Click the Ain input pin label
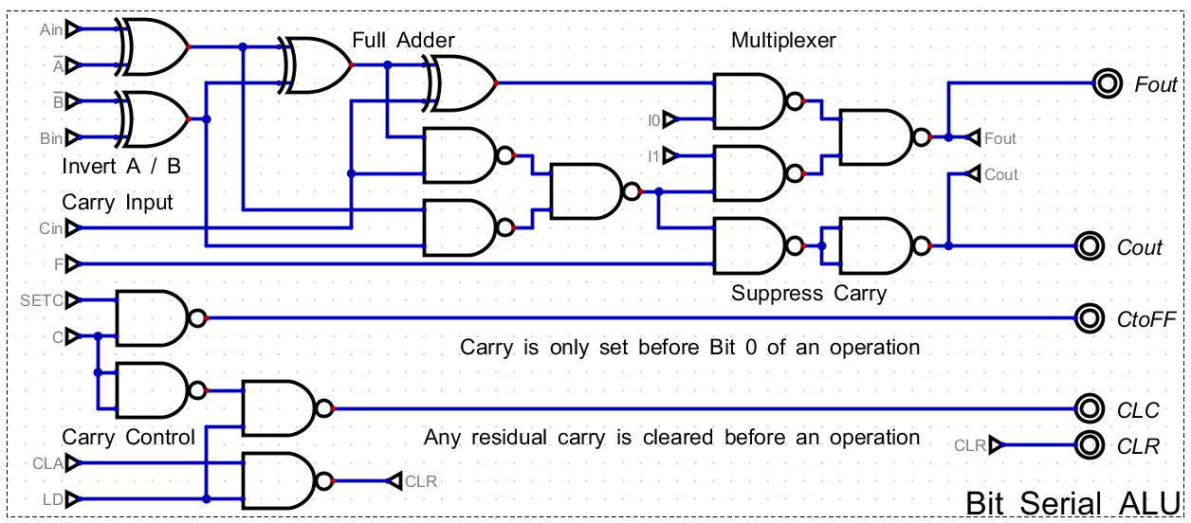click(51, 29)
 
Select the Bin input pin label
click(51, 138)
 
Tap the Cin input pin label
click(51, 228)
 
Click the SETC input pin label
click(42, 300)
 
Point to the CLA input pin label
click(47, 462)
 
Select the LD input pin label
click(53, 498)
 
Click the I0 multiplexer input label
click(653, 119)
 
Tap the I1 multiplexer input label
click(653, 154)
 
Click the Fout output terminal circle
click(1107, 83)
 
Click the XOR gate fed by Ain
click(155, 46)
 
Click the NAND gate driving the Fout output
click(874, 137)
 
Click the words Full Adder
click(403, 40)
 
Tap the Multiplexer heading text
click(783, 40)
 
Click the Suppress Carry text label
click(808, 293)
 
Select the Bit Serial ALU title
click(1072, 503)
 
